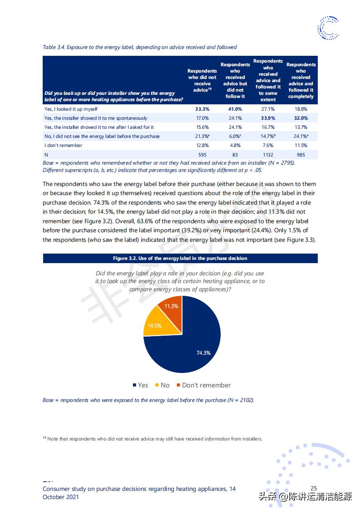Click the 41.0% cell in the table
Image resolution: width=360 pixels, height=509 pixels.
[235, 109]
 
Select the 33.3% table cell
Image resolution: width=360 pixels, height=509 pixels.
[202, 109]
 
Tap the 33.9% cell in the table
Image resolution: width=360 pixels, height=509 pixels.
[268, 118]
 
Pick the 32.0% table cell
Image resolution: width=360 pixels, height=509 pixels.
[301, 118]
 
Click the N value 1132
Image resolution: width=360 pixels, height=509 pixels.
[268, 155]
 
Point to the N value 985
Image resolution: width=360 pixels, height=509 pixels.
[301, 155]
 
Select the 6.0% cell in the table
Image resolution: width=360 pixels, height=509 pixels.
[235, 136]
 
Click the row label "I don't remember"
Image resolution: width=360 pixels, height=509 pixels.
[64, 146]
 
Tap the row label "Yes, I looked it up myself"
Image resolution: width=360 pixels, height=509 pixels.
[71, 109]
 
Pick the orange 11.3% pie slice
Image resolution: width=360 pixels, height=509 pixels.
[172, 307]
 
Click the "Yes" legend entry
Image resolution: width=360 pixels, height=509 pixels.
[140, 385]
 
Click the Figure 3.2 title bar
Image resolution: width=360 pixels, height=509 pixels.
[180, 258]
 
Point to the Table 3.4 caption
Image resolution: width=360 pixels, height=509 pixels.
[140, 47]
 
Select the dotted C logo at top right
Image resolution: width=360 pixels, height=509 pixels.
[328, 27]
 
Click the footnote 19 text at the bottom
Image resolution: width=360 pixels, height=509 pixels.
[153, 439]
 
